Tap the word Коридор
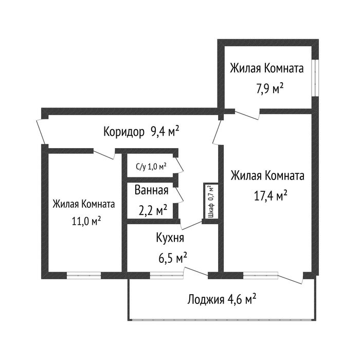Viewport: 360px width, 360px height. click(x=123, y=132)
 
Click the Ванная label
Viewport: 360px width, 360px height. click(x=152, y=190)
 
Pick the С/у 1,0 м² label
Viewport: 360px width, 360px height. click(x=151, y=166)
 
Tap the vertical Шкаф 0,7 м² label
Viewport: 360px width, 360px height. click(x=210, y=200)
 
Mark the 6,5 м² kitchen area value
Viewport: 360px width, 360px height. click(x=172, y=256)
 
